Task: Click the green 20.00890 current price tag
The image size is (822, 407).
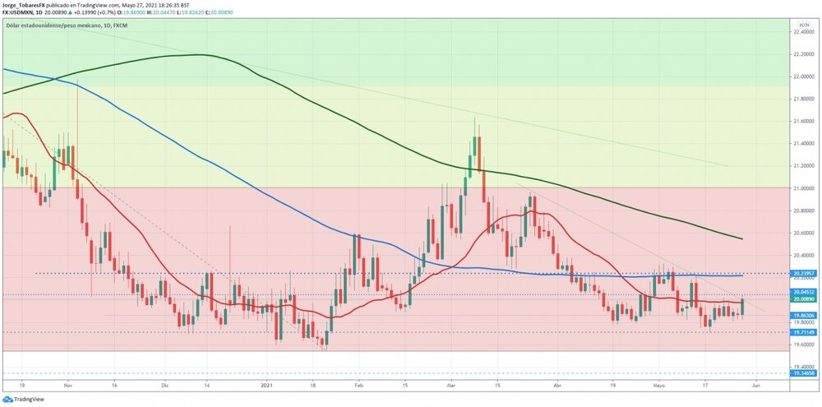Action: click(804, 300)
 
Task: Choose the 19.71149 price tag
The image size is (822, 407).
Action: click(804, 332)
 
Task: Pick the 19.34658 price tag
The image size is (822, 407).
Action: click(804, 373)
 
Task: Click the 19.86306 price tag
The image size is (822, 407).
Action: click(804, 316)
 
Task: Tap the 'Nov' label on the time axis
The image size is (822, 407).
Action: click(68, 384)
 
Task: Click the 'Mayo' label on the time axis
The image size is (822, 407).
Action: click(658, 384)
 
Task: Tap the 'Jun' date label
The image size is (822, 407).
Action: click(755, 384)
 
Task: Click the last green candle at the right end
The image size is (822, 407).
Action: click(742, 307)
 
